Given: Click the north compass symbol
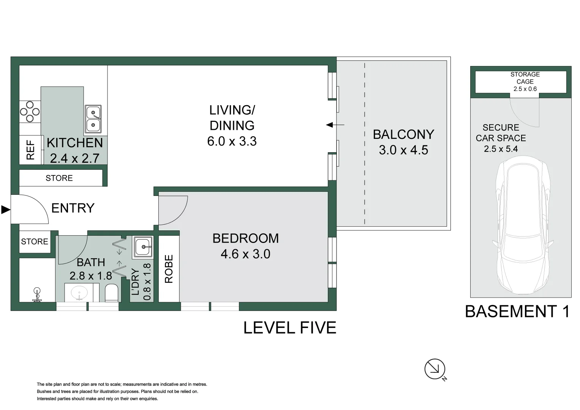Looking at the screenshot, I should [x=435, y=369].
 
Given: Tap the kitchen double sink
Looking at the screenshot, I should [x=93, y=119].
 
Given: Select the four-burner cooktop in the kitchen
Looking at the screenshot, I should [x=30, y=112].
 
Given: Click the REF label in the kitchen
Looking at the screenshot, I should [x=30, y=150].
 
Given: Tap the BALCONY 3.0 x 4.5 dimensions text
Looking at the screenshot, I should [x=403, y=150].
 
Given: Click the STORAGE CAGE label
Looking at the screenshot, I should [x=525, y=78].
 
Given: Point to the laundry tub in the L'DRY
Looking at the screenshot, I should [x=143, y=247].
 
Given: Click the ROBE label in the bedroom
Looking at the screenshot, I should [x=169, y=269].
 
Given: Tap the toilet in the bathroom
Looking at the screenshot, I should [x=112, y=293].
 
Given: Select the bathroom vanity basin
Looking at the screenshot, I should [x=79, y=293].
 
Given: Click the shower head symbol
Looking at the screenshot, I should [x=37, y=294].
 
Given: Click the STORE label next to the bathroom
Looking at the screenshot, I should [x=35, y=241].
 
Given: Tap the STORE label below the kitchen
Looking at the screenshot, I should [x=59, y=178].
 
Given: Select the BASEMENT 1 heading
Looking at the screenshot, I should [x=517, y=312].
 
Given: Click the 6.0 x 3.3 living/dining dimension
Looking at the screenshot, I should [x=232, y=141].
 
